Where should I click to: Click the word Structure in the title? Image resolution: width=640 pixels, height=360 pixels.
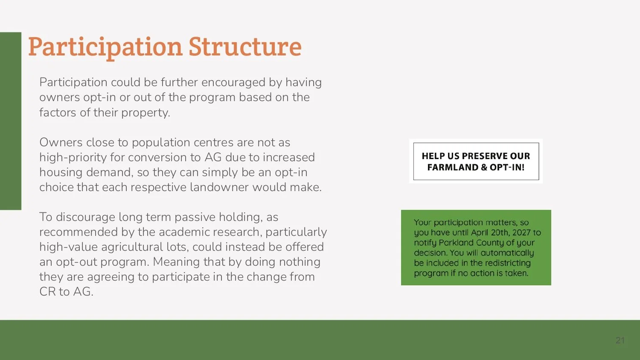[x=245, y=46]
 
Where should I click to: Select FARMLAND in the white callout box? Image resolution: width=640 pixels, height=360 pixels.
[x=453, y=167]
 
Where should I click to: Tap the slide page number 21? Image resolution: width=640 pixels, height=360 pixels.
[x=620, y=340]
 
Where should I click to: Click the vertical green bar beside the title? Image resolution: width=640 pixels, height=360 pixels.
[x=10, y=121]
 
